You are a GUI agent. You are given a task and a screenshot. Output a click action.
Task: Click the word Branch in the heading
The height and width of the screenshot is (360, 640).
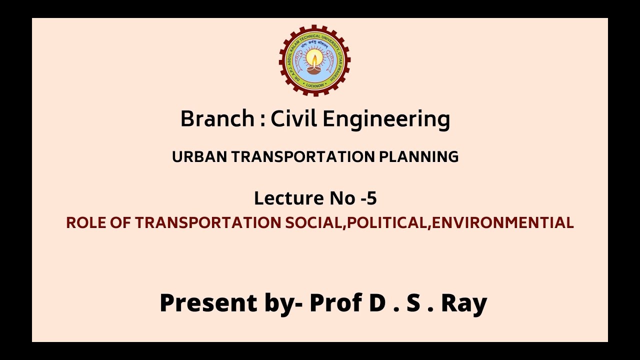coord(217,119)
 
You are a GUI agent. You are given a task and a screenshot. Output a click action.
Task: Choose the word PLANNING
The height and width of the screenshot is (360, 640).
coord(419,157)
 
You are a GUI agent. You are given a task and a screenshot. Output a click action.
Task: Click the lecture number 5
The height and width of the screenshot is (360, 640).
coord(371,198)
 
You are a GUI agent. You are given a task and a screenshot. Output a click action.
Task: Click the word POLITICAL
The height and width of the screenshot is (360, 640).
coord(387,223)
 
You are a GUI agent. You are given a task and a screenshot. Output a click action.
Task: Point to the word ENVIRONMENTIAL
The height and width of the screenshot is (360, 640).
coord(502,223)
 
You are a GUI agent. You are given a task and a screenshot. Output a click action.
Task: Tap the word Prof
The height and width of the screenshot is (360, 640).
coord(336,303)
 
